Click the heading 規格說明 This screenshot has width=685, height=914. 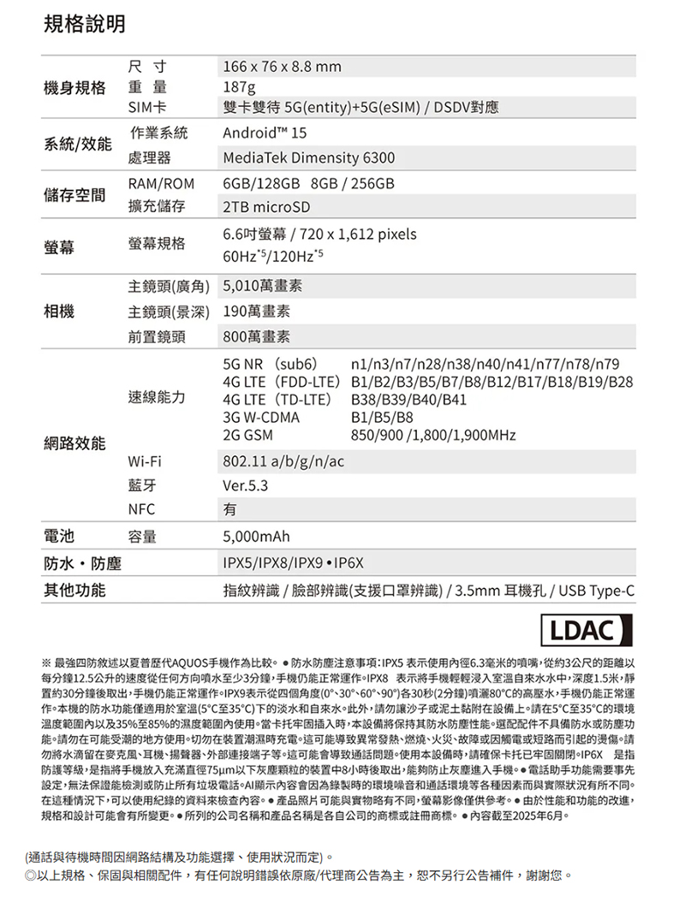(85, 25)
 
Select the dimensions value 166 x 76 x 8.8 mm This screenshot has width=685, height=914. (282, 67)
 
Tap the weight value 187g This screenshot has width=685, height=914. (239, 87)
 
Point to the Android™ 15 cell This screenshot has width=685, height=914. (264, 134)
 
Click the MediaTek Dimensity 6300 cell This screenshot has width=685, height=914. (308, 159)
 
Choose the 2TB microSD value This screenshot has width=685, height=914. (265, 208)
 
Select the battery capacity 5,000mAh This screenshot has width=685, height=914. (256, 537)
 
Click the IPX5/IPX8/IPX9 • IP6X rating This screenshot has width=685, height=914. (294, 565)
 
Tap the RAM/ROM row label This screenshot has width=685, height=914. (162, 184)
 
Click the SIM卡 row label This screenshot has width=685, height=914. (146, 108)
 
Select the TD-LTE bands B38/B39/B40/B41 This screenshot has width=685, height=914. (409, 399)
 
